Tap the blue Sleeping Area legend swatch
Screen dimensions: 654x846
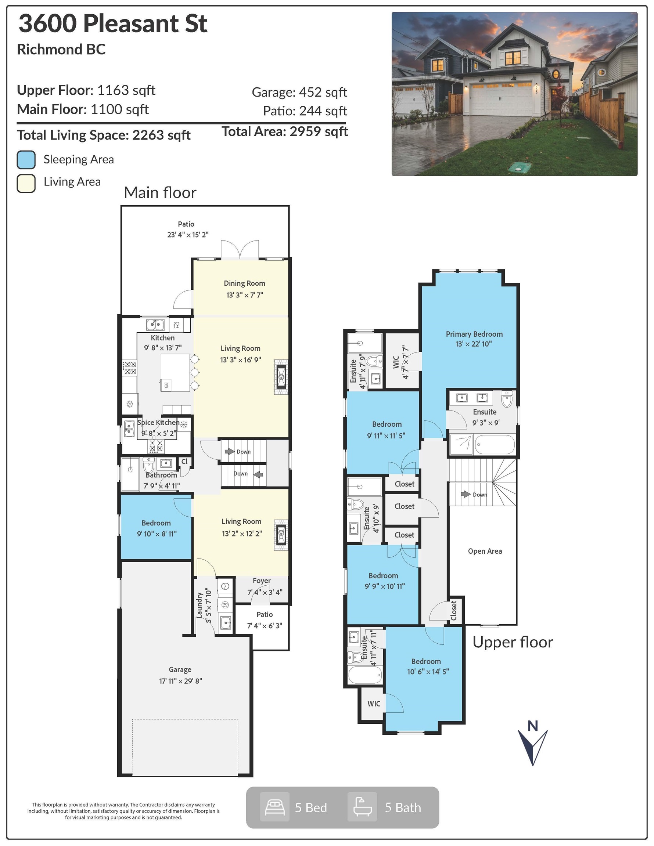26,160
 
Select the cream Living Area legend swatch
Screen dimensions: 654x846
26,183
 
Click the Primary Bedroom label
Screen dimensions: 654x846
474,334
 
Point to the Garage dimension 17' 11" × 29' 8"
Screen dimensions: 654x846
181,681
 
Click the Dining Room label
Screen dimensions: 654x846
244,283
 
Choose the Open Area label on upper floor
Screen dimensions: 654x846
485,551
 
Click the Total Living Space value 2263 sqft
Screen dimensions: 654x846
161,135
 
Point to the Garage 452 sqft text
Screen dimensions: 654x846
299,92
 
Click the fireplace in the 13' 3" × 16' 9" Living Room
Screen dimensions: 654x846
281,377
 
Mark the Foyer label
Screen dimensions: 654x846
262,580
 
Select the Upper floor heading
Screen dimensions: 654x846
513,642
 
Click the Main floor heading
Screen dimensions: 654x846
160,192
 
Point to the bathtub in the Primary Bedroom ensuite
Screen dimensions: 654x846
495,444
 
